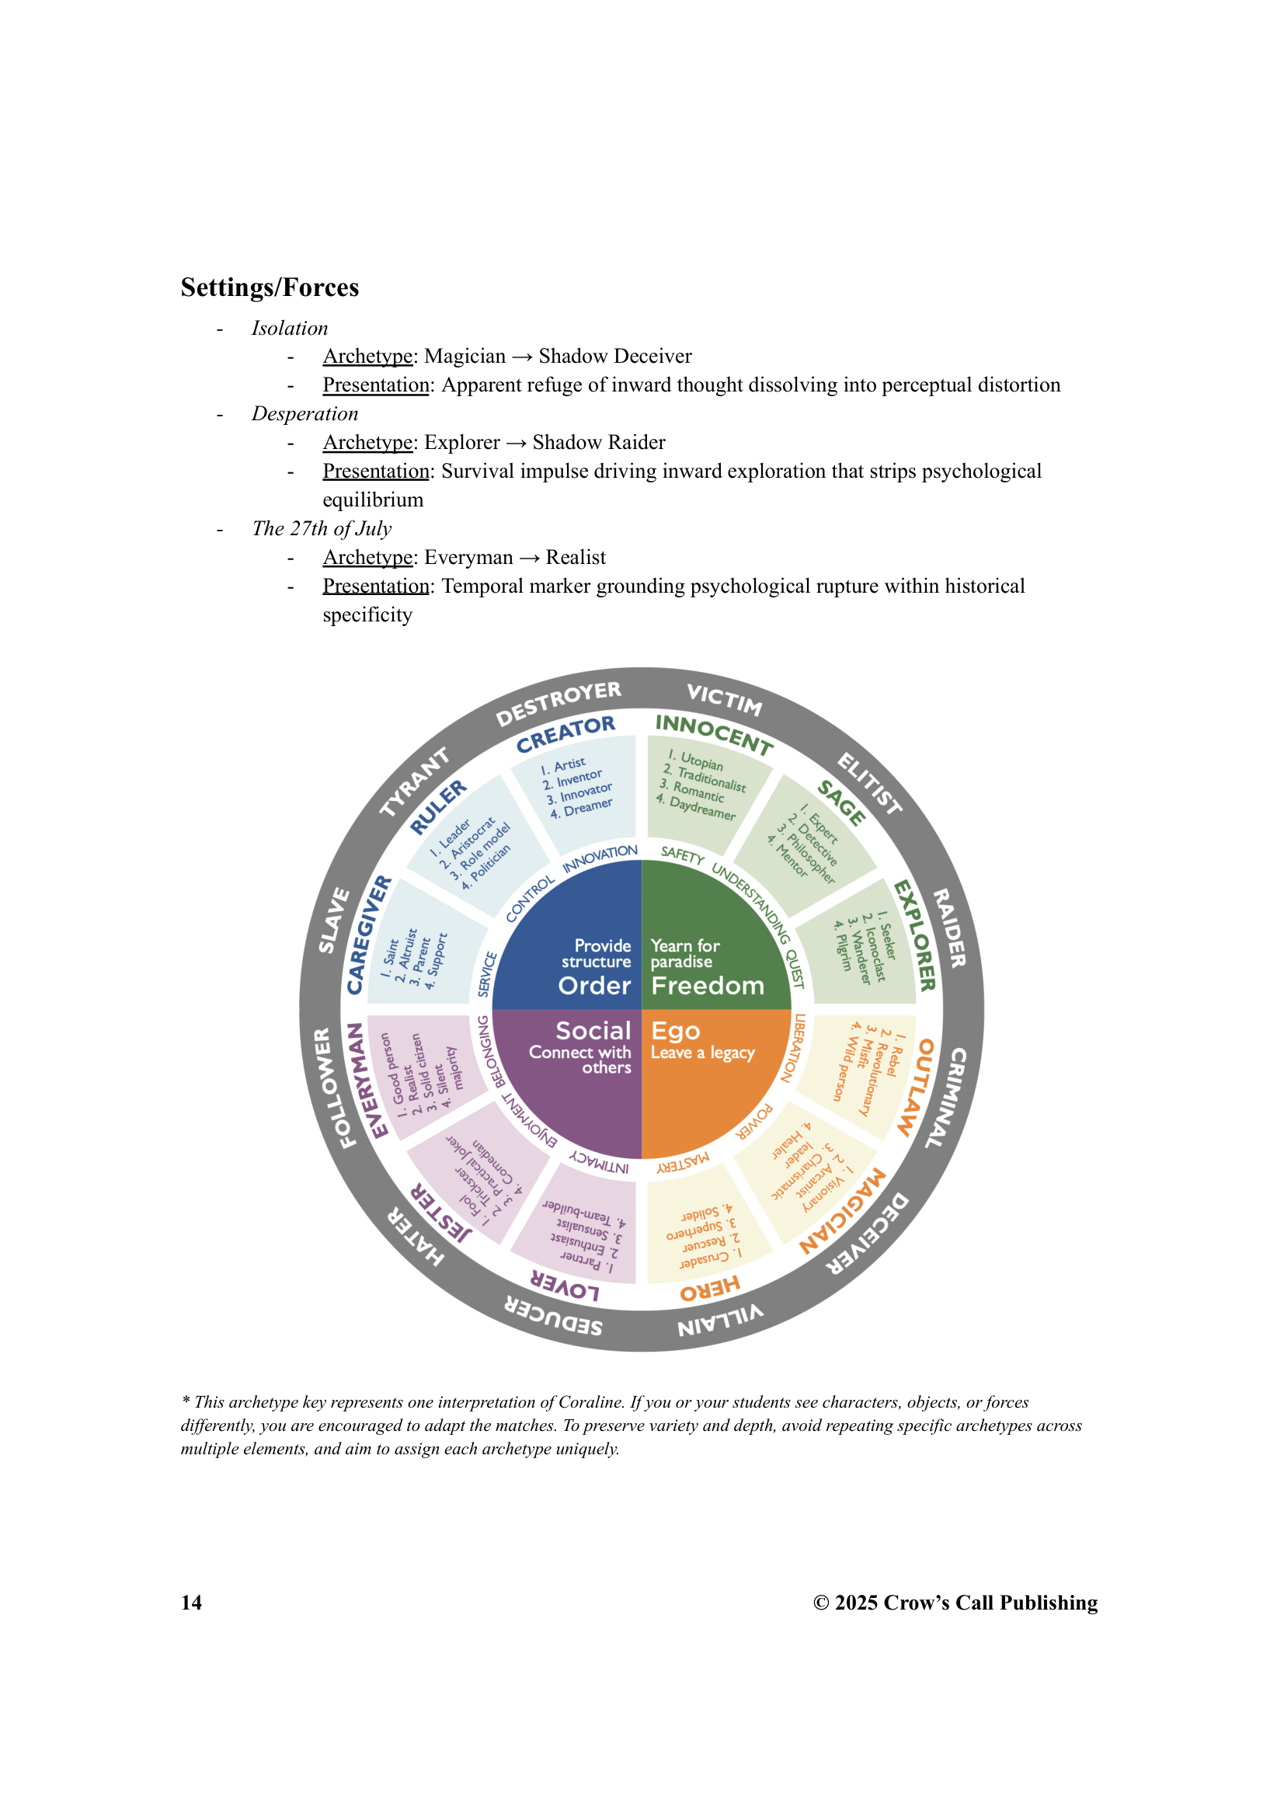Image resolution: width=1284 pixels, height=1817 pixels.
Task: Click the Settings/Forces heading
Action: [269, 287]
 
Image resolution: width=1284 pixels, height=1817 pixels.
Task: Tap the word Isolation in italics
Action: [289, 329]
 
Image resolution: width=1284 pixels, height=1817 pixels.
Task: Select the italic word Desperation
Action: [304, 414]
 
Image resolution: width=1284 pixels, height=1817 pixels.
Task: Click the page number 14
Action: [190, 1603]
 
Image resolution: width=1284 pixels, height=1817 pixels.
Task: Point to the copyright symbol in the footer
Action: [820, 1603]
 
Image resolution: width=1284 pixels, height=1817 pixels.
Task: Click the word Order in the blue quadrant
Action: [594, 986]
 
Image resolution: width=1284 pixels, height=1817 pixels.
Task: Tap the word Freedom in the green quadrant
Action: [708, 986]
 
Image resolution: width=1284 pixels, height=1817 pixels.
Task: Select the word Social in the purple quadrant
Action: [593, 1030]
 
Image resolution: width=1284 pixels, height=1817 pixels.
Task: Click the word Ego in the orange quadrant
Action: [675, 1031]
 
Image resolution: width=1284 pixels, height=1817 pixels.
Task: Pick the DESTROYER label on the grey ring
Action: [558, 703]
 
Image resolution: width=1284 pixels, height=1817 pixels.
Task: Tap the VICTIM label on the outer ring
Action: [724, 700]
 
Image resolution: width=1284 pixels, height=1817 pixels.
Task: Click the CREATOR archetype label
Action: [565, 733]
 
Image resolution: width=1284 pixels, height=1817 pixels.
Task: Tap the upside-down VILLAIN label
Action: [721, 1320]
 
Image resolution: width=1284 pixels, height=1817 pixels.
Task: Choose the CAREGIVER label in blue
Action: [369, 935]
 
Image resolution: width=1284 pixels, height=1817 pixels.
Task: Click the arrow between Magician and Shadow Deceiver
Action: [522, 357]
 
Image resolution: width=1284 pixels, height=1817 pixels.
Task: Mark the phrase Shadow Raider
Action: [599, 442]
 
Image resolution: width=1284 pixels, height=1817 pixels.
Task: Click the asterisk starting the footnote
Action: [185, 1401]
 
